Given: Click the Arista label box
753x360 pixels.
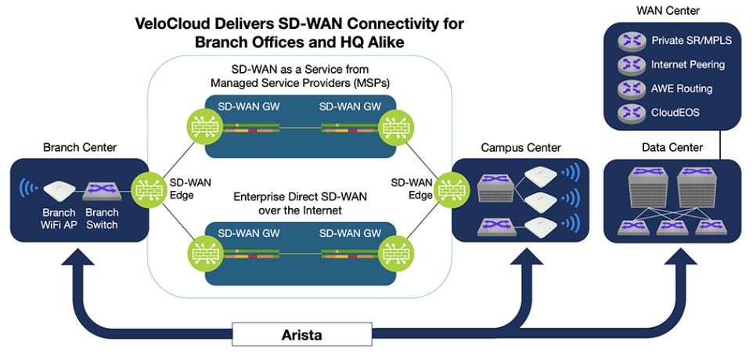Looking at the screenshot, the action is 302,334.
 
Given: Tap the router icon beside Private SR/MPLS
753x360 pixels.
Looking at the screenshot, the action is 629,41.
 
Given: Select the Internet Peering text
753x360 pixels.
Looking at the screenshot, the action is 688,64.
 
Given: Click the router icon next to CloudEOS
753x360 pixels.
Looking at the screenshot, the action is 629,113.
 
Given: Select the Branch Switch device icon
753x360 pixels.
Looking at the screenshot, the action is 100,192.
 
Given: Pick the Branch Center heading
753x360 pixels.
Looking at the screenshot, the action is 80,147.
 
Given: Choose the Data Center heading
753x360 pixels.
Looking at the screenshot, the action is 672,147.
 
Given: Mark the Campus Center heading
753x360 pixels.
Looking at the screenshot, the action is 521,147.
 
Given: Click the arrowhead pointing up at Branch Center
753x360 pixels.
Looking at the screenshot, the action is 81,260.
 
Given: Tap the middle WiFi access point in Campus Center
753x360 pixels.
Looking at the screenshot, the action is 539,198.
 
